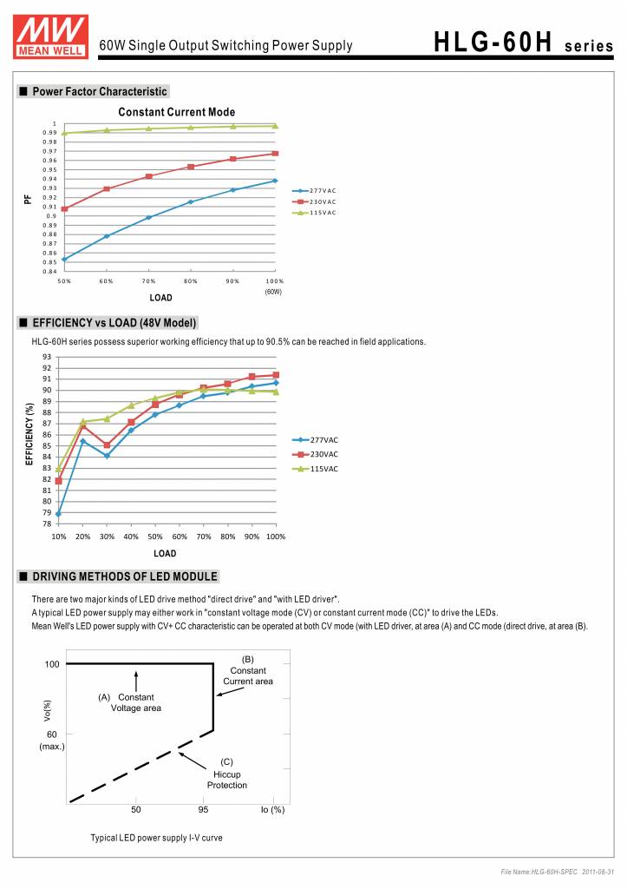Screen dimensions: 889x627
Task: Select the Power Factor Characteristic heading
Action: (99, 91)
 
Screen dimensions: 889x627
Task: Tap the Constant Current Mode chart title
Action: (176, 112)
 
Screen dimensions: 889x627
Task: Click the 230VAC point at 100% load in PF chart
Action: (275, 154)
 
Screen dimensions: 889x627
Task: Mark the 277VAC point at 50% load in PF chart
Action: (64, 260)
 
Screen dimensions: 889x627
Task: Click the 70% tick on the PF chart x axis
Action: (148, 281)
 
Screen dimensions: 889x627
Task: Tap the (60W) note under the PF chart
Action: (273, 292)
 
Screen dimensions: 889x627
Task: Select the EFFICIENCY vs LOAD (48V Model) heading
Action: (114, 323)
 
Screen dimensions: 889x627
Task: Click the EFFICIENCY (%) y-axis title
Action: (29, 433)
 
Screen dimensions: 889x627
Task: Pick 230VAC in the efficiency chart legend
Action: (324, 454)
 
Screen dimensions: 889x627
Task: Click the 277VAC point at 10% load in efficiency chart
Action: (58, 514)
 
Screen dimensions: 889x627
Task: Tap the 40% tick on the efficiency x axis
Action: (131, 537)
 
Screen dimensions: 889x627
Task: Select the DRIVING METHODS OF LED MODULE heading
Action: (124, 576)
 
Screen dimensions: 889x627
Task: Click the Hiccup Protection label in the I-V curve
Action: (226, 780)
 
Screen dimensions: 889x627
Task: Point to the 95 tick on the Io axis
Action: (203, 810)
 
